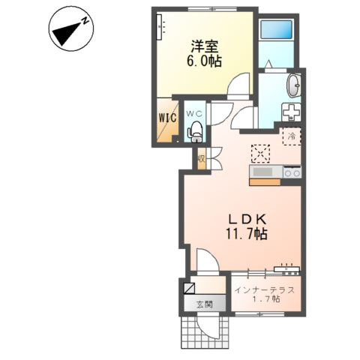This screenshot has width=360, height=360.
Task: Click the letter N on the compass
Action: [x=85, y=20]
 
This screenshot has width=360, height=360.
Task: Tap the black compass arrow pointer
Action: [x=67, y=33]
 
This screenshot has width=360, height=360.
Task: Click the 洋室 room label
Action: [x=205, y=46]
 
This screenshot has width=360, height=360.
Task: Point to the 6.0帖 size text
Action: [x=204, y=61]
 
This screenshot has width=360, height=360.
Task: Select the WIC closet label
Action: [x=168, y=118]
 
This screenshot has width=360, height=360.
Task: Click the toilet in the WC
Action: [x=196, y=132]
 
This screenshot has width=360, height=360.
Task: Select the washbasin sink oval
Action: [x=294, y=85]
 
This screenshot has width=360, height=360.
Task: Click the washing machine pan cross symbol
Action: [x=291, y=112]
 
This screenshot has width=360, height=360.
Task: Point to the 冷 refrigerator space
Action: [x=292, y=136]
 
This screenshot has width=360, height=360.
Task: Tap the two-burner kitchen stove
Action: [x=292, y=172]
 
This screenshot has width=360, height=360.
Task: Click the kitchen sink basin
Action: [x=262, y=172]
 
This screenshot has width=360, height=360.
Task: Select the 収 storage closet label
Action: [x=201, y=158]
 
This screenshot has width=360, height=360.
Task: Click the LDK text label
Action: [x=247, y=220]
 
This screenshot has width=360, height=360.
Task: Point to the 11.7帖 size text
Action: [x=247, y=234]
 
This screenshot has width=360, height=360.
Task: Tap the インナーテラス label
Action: [x=265, y=290]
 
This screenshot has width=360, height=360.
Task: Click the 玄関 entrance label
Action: [x=205, y=304]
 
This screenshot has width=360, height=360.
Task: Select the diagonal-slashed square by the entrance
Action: [x=189, y=288]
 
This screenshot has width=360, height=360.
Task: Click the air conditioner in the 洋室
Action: [x=159, y=27]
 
